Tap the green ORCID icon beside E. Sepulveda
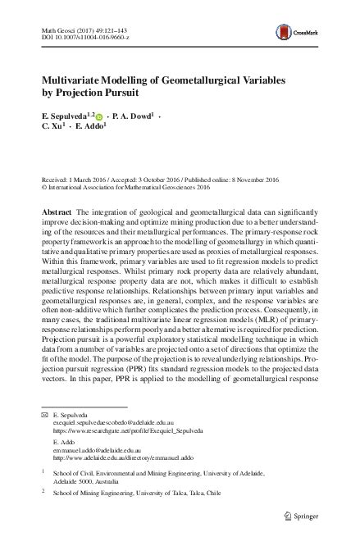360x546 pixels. coord(101,118)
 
